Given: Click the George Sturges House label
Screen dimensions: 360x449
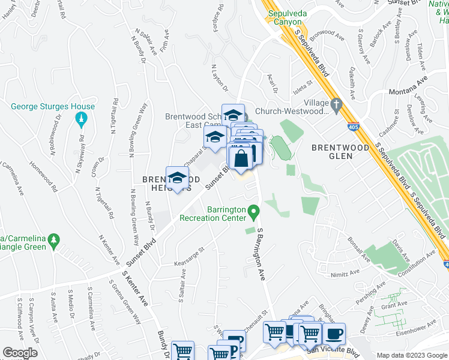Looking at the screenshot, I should tap(53, 107).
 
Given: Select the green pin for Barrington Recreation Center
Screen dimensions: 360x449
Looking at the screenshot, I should tap(255, 212).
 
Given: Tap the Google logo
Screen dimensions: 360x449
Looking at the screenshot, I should tap(20, 352).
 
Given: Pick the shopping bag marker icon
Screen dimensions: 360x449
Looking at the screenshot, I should tap(241, 159).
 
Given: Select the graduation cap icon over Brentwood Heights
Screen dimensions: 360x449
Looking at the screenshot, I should tap(177, 178).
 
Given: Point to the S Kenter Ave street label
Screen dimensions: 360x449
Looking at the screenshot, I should tap(135, 286).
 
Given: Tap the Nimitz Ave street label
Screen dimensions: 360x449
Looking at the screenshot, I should tap(344, 274).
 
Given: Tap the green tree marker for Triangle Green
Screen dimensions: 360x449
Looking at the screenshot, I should tap(54, 241).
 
